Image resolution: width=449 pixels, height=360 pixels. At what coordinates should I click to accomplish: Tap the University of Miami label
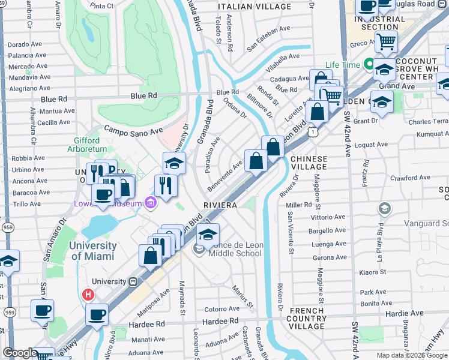93,251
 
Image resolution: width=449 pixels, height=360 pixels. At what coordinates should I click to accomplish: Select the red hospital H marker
88,295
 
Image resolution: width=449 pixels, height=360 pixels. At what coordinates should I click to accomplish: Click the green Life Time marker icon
369,65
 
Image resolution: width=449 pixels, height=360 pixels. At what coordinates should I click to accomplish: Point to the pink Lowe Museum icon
150,203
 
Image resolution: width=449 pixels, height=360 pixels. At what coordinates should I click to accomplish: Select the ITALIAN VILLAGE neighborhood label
255,7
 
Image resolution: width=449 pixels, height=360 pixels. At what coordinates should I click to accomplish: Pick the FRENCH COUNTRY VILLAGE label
307,319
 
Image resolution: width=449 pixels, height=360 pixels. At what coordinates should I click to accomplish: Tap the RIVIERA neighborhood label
221,205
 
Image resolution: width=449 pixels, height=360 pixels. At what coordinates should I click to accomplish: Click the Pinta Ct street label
103,6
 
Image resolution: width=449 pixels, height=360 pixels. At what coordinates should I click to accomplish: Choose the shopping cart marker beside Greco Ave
386,43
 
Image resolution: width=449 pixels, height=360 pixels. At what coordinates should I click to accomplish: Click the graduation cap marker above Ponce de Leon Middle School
208,235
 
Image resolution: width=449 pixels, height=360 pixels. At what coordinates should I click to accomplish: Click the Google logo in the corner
20,353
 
